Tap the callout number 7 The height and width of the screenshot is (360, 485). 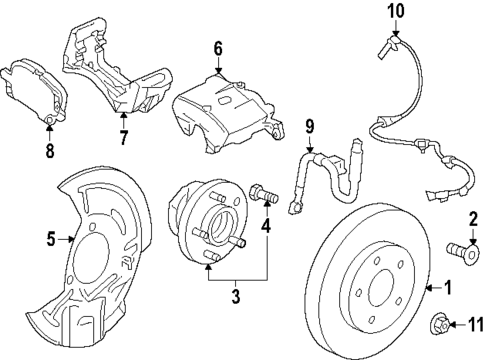(x=123, y=135)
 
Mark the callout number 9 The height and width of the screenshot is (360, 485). (x=310, y=127)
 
